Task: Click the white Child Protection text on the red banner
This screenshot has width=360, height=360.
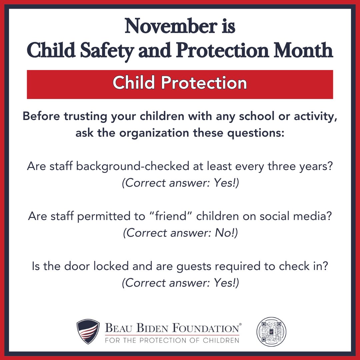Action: point(180,83)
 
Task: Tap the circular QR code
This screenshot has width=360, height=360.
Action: point(272,331)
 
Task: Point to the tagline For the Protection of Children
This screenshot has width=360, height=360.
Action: point(172,340)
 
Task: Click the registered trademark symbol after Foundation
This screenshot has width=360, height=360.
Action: point(241,324)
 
